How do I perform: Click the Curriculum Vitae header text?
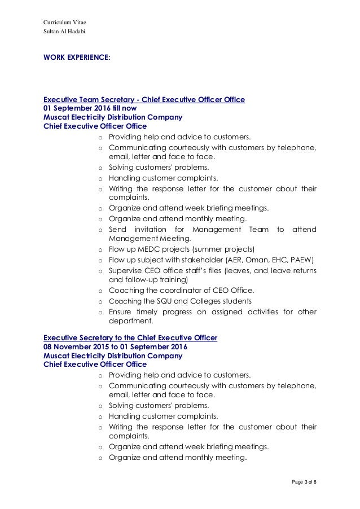tap(64, 23)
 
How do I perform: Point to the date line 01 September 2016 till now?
tap(89, 108)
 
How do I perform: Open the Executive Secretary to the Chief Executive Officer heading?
tap(130, 337)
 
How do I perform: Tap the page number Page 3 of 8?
tap(301, 481)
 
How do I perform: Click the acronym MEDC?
tap(144, 249)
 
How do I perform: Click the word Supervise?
tap(124, 270)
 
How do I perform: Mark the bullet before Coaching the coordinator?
tap(100, 291)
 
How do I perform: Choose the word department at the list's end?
tap(130, 322)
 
